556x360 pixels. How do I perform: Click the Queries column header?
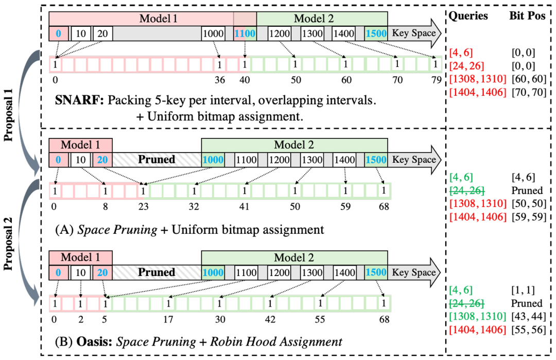tap(468, 16)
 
